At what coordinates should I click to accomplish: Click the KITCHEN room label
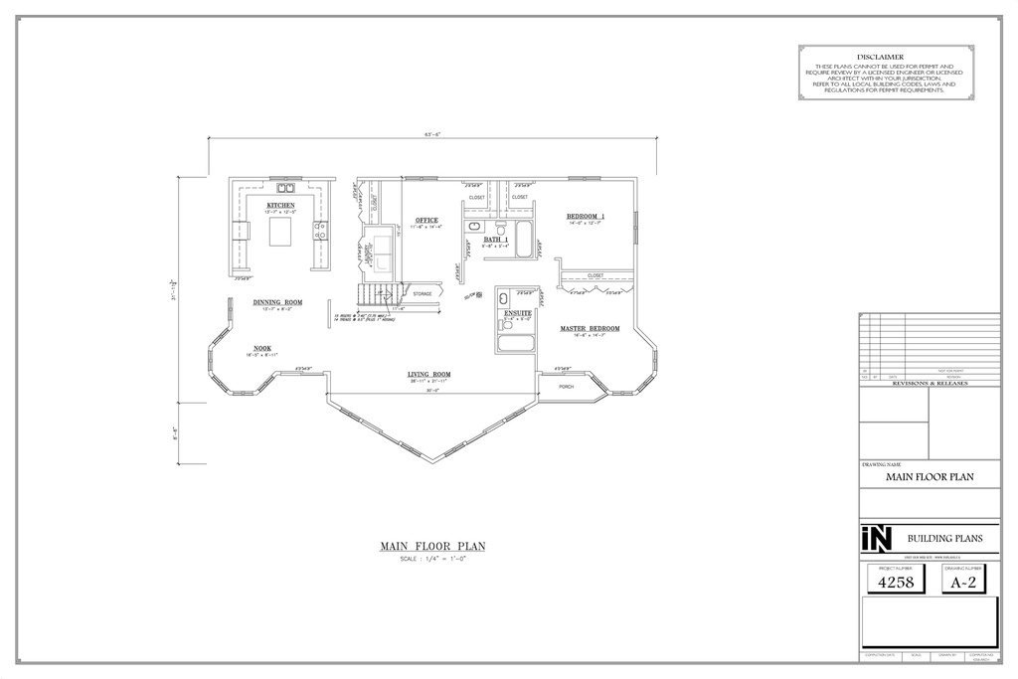(x=280, y=206)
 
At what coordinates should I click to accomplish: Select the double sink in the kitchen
(x=285, y=186)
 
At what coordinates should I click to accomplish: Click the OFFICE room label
(x=427, y=220)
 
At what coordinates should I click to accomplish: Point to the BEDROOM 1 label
(x=586, y=216)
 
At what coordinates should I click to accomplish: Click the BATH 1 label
(x=496, y=240)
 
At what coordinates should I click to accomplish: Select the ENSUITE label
(x=518, y=312)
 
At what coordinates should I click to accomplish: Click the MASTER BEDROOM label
(x=590, y=328)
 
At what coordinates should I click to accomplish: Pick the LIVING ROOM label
(x=429, y=375)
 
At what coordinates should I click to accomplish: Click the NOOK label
(x=261, y=348)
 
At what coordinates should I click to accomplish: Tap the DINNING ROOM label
(x=277, y=302)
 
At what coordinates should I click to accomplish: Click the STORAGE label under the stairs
(x=423, y=294)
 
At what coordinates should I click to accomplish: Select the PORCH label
(x=566, y=386)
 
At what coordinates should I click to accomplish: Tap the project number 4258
(x=891, y=584)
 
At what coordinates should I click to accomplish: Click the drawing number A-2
(x=963, y=584)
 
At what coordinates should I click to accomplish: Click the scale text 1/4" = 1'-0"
(x=431, y=560)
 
